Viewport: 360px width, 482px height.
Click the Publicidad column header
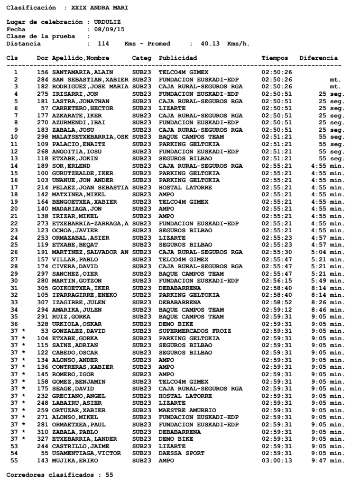pyautogui.click(x=178, y=57)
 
